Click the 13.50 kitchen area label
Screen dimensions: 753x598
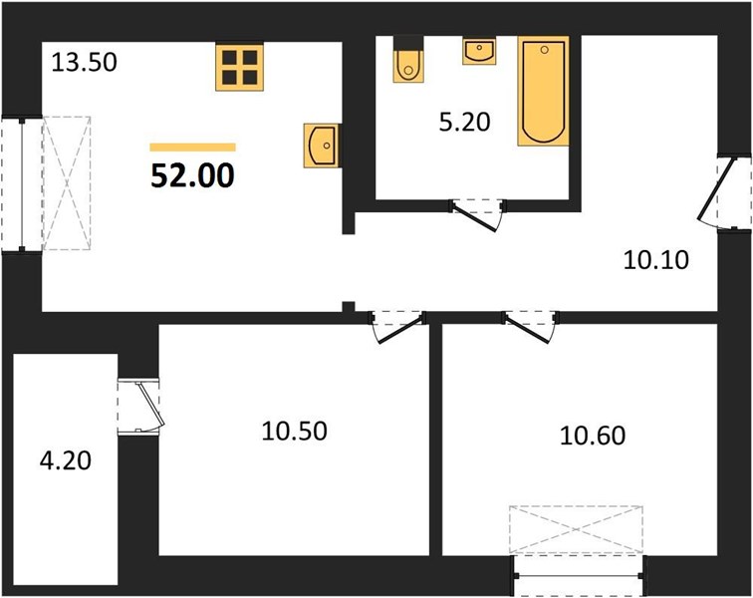(x=84, y=63)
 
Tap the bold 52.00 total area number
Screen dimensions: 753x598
(x=192, y=175)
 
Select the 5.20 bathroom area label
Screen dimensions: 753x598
(x=464, y=123)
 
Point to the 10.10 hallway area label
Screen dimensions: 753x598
(x=655, y=260)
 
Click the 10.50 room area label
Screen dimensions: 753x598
(x=295, y=431)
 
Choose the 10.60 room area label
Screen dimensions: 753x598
(x=593, y=436)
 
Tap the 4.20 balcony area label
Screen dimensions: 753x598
(x=66, y=460)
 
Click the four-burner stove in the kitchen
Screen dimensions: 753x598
(x=240, y=67)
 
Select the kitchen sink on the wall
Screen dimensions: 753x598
(x=322, y=146)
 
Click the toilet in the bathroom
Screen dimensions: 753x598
(x=408, y=60)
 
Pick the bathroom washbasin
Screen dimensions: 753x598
(x=479, y=52)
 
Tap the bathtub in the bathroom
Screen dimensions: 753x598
(x=543, y=91)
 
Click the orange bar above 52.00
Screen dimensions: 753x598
(x=192, y=148)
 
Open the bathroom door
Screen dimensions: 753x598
(x=478, y=215)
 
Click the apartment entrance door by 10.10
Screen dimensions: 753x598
(x=724, y=191)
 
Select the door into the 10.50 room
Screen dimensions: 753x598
(x=397, y=327)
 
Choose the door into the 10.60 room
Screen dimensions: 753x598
(x=530, y=327)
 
